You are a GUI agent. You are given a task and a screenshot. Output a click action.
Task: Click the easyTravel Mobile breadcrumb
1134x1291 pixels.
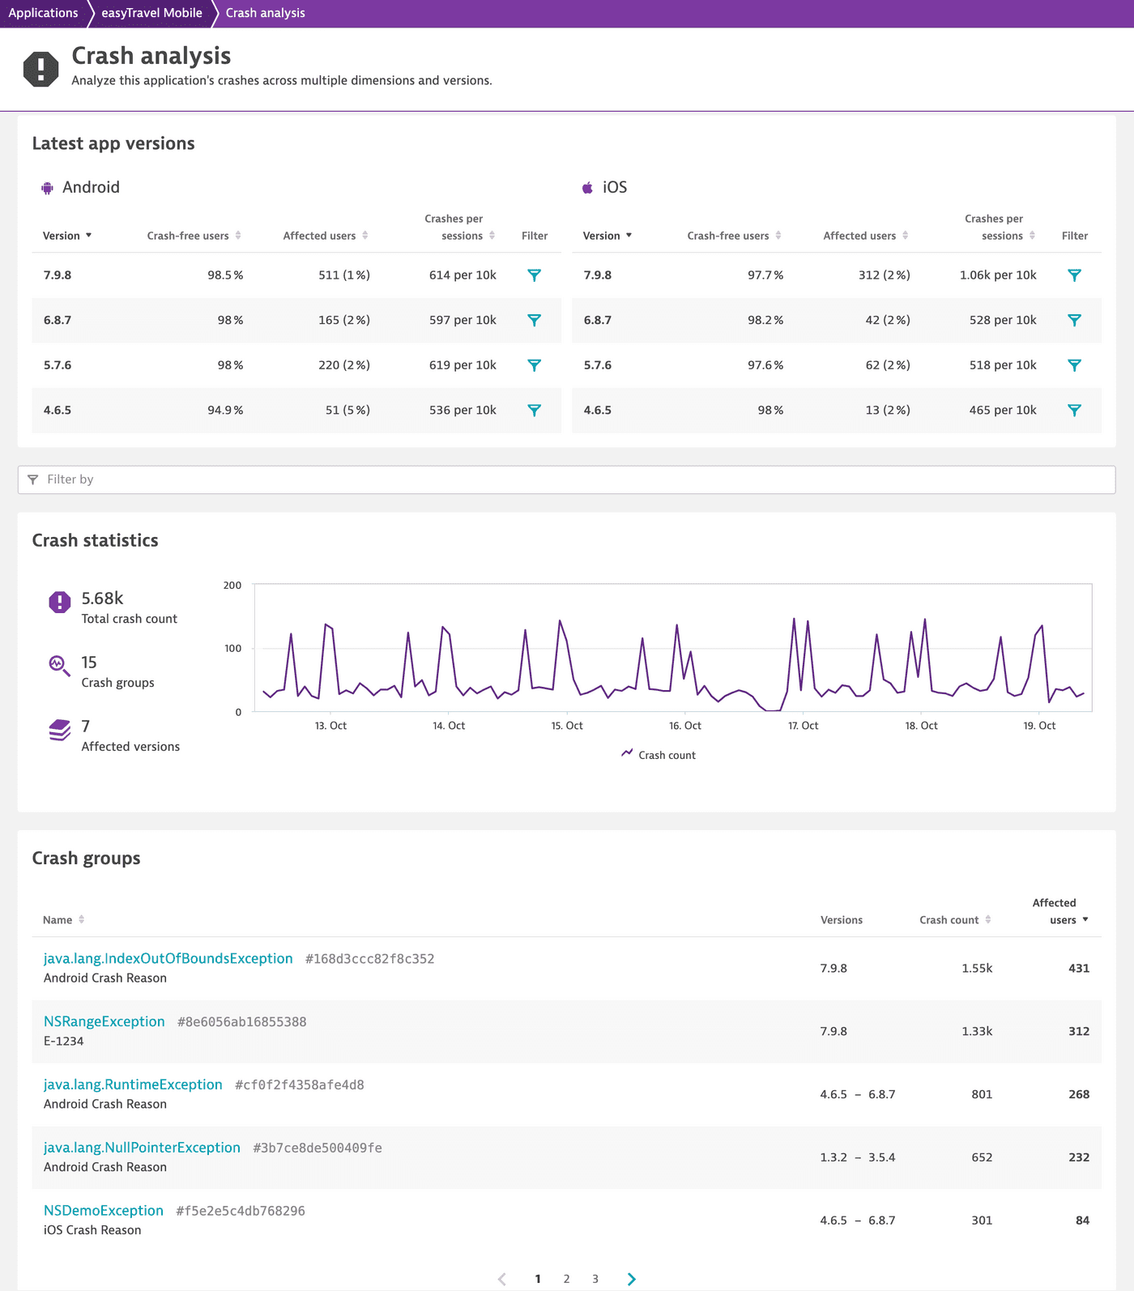coord(151,13)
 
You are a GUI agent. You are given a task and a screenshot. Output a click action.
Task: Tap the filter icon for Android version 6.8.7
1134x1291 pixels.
coord(535,320)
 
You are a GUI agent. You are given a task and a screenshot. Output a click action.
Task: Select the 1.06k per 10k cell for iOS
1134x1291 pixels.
coord(997,275)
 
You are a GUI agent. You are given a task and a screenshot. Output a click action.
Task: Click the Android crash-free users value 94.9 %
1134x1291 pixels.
coord(225,411)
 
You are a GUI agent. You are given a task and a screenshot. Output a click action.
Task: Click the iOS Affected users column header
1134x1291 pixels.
coord(859,236)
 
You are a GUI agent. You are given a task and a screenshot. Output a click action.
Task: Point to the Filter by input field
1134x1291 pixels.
coord(567,479)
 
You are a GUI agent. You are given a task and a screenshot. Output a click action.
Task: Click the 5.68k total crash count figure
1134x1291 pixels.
coord(102,599)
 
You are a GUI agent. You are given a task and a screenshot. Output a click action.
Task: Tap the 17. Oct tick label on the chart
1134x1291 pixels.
coord(803,726)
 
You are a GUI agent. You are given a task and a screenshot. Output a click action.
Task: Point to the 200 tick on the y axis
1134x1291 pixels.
coord(232,586)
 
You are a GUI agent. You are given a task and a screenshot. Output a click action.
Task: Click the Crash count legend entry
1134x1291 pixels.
coord(666,755)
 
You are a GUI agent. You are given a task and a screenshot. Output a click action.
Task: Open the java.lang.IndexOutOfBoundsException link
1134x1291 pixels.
coord(168,959)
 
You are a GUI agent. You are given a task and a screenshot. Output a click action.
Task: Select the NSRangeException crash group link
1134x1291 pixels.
coord(104,1022)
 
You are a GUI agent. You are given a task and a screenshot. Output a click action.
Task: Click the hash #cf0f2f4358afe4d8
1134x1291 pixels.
coord(299,1085)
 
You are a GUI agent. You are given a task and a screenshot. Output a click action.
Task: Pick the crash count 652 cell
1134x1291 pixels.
coord(982,1157)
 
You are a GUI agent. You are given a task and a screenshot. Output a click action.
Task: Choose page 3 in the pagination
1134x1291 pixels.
coord(595,1279)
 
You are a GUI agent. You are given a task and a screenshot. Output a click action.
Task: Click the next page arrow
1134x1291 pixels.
coord(631,1279)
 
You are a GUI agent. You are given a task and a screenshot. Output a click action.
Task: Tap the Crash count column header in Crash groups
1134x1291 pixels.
coord(949,920)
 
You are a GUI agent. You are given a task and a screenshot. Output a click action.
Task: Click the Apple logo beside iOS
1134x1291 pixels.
coord(587,188)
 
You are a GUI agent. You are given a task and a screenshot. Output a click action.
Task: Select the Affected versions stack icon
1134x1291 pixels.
coord(59,730)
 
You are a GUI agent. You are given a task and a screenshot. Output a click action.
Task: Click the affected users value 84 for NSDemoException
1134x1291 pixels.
coord(1082,1221)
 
